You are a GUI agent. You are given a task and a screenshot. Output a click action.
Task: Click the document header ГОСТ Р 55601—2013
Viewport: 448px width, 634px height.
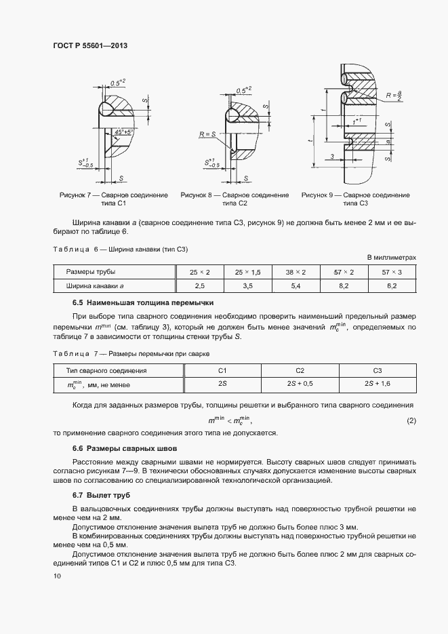pyautogui.click(x=90, y=45)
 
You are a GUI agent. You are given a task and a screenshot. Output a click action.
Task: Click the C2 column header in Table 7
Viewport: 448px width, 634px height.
pyautogui.click(x=300, y=371)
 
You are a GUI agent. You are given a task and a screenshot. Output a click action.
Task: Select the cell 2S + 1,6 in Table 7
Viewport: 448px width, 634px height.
pyautogui.click(x=378, y=384)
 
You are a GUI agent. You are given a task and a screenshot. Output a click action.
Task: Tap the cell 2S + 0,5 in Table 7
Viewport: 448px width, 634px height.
pyautogui.click(x=300, y=384)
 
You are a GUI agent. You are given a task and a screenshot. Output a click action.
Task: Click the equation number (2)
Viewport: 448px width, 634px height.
pyautogui.click(x=411, y=422)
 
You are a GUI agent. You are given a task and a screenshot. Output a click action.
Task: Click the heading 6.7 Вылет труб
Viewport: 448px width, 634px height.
pyautogui.click(x=98, y=495)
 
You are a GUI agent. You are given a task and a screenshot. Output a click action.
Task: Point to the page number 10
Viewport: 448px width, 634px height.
pyautogui.click(x=57, y=576)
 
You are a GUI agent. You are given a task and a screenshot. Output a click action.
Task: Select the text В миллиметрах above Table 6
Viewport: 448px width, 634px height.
pyautogui.click(x=391, y=258)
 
